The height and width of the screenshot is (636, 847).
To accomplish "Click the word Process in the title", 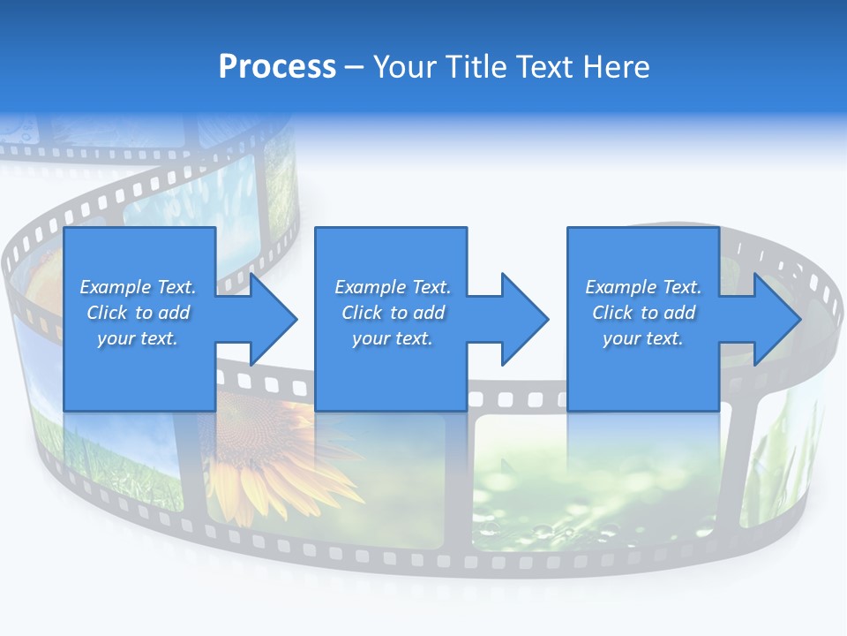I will click(277, 67).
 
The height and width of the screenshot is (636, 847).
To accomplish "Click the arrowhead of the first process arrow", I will click(274, 319).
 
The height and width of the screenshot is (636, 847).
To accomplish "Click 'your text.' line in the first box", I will click(138, 338).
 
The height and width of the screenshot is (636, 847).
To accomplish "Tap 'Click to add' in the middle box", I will click(393, 313).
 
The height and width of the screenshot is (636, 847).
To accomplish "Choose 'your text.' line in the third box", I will click(643, 338).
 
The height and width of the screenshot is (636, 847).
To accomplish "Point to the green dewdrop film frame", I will click(565, 495).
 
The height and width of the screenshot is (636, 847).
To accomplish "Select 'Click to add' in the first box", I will click(138, 313).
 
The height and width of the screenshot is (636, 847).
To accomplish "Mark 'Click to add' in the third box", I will click(643, 313).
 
